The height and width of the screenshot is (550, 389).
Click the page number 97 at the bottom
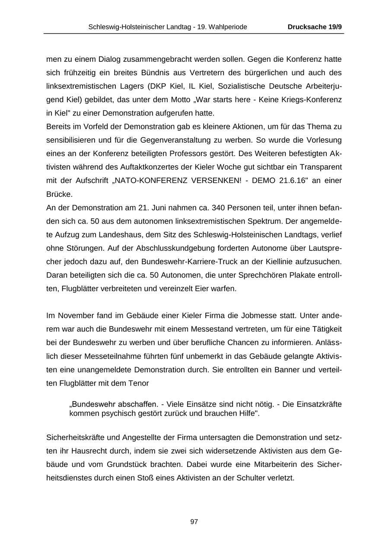click(x=194, y=522)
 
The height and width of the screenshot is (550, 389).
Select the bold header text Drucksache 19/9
click(x=315, y=27)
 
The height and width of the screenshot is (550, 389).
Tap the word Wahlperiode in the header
click(x=228, y=27)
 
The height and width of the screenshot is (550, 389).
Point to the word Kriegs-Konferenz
click(x=313, y=100)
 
